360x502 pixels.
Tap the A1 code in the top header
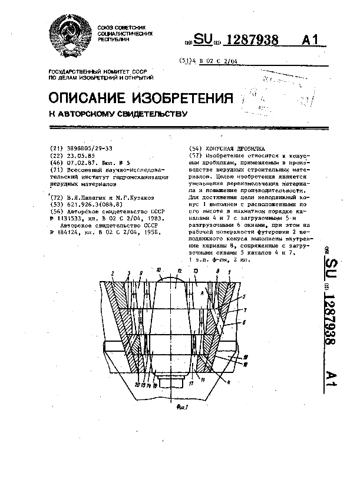pyautogui.click(x=313, y=39)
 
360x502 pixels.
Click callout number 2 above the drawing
pyautogui.click(x=111, y=272)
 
